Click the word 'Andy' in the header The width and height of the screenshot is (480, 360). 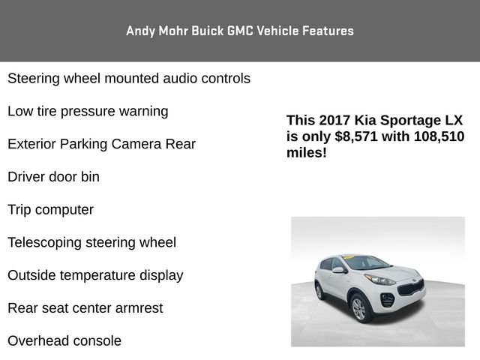(139, 31)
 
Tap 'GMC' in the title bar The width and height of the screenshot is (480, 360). (238, 31)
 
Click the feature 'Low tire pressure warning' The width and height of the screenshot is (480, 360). (88, 111)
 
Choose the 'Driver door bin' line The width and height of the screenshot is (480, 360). (53, 177)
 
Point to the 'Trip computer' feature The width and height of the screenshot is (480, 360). (50, 210)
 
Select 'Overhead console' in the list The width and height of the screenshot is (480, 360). (64, 341)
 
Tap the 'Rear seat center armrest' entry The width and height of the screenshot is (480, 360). (85, 308)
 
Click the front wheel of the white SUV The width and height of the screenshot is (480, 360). (358, 309)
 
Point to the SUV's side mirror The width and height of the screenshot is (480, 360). (338, 271)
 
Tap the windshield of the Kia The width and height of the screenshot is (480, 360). (365, 262)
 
